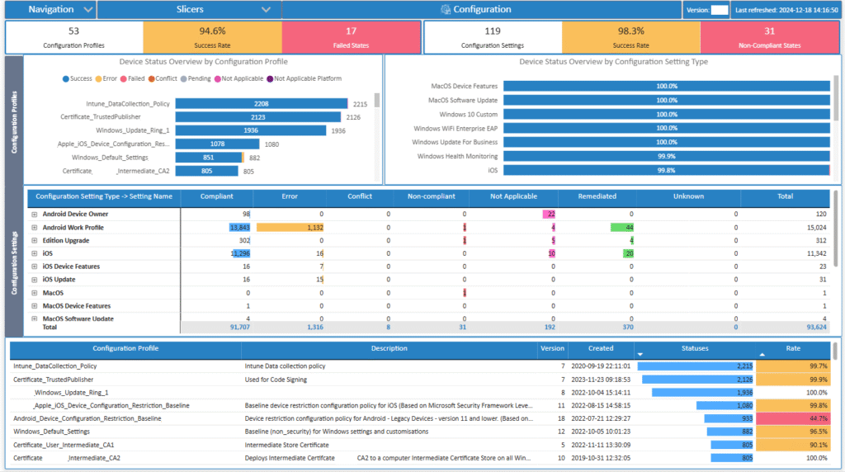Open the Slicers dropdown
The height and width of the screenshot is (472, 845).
click(x=189, y=10)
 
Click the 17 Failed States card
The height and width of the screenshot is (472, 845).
click(x=351, y=37)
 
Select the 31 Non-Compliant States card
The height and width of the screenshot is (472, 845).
click(x=769, y=37)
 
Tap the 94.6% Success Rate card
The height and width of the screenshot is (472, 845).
click(x=212, y=37)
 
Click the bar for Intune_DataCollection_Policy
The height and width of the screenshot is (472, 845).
click(x=262, y=104)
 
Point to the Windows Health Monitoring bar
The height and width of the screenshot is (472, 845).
click(x=666, y=156)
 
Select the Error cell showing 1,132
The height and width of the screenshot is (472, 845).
click(x=290, y=227)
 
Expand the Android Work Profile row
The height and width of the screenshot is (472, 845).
click(x=35, y=228)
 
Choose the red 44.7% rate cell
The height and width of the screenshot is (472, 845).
click(x=793, y=418)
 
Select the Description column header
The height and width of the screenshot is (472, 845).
click(x=389, y=348)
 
